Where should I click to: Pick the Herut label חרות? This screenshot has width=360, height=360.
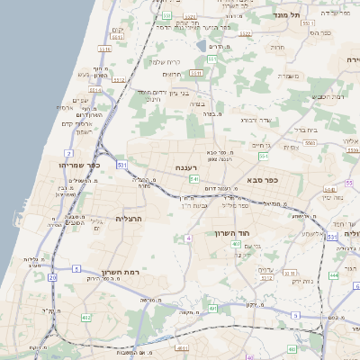click(277, 47)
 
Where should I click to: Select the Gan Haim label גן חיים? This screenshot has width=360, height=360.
click(261, 144)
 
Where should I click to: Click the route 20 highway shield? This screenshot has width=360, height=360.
click(52, 279)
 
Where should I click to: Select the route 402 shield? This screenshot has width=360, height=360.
click(86, 318)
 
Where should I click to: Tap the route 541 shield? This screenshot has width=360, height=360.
click(194, 179)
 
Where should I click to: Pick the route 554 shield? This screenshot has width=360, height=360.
click(264, 156)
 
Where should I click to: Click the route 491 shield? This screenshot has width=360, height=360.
click(213, 309)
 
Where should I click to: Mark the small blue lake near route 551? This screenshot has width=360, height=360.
click(200, 44)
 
